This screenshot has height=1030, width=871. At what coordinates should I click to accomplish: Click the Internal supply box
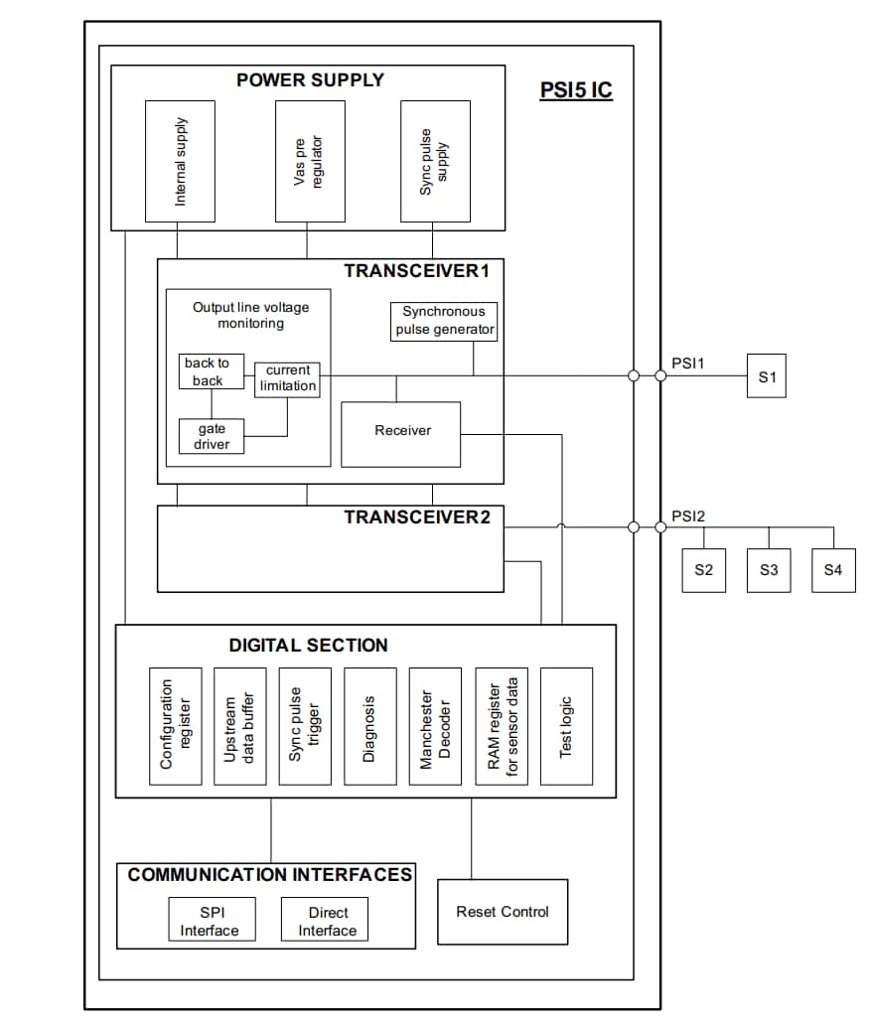point(180,161)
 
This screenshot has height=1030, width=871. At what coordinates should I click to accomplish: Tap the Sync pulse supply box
point(435,161)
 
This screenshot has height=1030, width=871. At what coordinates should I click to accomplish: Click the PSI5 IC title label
point(576,90)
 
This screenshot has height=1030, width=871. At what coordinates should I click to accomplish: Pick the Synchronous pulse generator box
point(444,321)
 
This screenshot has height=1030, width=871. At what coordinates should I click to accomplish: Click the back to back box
point(206,371)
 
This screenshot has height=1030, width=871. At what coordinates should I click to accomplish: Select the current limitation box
point(288,378)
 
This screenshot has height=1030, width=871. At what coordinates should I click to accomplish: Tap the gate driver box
point(212,436)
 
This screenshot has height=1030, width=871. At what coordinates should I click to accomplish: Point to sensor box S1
point(766,377)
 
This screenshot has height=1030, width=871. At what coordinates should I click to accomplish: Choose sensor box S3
point(768,570)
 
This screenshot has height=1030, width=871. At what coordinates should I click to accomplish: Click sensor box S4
point(832,570)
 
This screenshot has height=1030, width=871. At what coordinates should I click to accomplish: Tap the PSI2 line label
point(687,516)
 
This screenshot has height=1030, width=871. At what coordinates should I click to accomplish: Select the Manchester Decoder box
point(435,726)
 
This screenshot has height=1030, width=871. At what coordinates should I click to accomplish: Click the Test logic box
point(566,726)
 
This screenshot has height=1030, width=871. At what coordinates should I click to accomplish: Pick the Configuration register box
point(175,726)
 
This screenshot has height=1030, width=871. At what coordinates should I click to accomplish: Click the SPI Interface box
point(210,921)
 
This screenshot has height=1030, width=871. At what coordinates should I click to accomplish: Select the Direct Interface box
point(327,921)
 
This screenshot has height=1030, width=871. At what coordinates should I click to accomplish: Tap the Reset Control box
point(503,912)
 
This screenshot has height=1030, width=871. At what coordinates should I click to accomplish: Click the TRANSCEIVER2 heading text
point(417,517)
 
